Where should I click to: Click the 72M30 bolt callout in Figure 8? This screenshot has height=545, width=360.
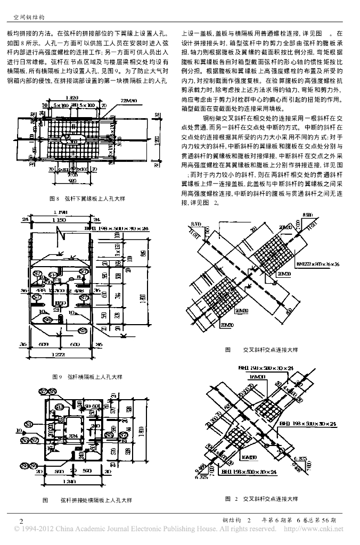pos(130,100)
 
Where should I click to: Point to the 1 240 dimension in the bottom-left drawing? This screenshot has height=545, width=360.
pos(68,482)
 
